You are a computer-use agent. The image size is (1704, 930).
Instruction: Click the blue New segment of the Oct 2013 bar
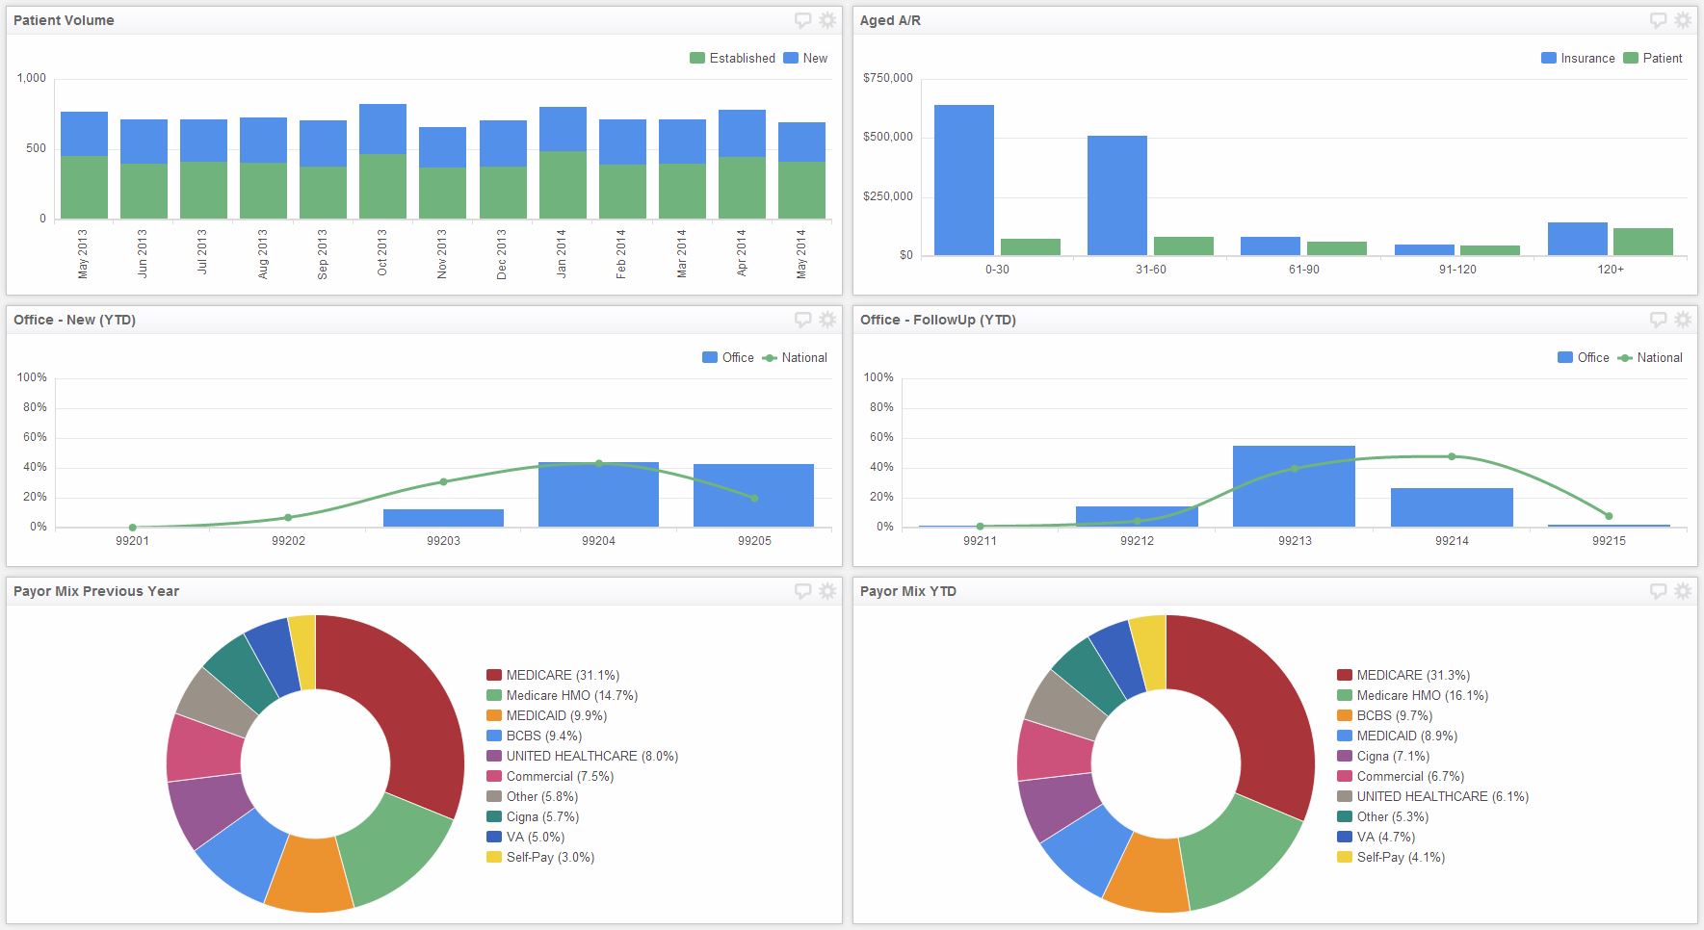(x=382, y=129)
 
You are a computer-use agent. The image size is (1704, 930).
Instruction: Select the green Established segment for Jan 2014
(x=563, y=185)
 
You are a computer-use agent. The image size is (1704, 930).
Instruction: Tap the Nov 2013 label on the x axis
(x=442, y=254)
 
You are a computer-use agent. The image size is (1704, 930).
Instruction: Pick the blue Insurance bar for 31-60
(x=1116, y=195)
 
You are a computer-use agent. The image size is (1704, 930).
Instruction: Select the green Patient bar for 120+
(x=1642, y=242)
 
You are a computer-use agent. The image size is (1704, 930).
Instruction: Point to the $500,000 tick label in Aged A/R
(x=887, y=137)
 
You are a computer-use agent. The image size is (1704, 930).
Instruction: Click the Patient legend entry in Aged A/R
(x=1653, y=58)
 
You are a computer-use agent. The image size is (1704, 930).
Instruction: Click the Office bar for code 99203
(x=443, y=518)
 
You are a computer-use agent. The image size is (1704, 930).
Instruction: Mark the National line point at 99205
(x=754, y=498)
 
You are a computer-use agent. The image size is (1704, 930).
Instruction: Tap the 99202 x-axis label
(x=288, y=541)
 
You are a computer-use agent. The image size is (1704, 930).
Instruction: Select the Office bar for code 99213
(x=1294, y=486)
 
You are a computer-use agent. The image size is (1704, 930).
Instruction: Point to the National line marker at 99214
(x=1452, y=456)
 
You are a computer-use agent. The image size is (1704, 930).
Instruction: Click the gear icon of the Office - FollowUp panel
(x=1683, y=320)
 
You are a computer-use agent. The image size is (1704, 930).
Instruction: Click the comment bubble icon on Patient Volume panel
(x=802, y=20)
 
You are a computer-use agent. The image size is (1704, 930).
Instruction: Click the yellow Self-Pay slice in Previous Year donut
(x=303, y=652)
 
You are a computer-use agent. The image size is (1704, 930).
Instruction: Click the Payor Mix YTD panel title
(x=907, y=591)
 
